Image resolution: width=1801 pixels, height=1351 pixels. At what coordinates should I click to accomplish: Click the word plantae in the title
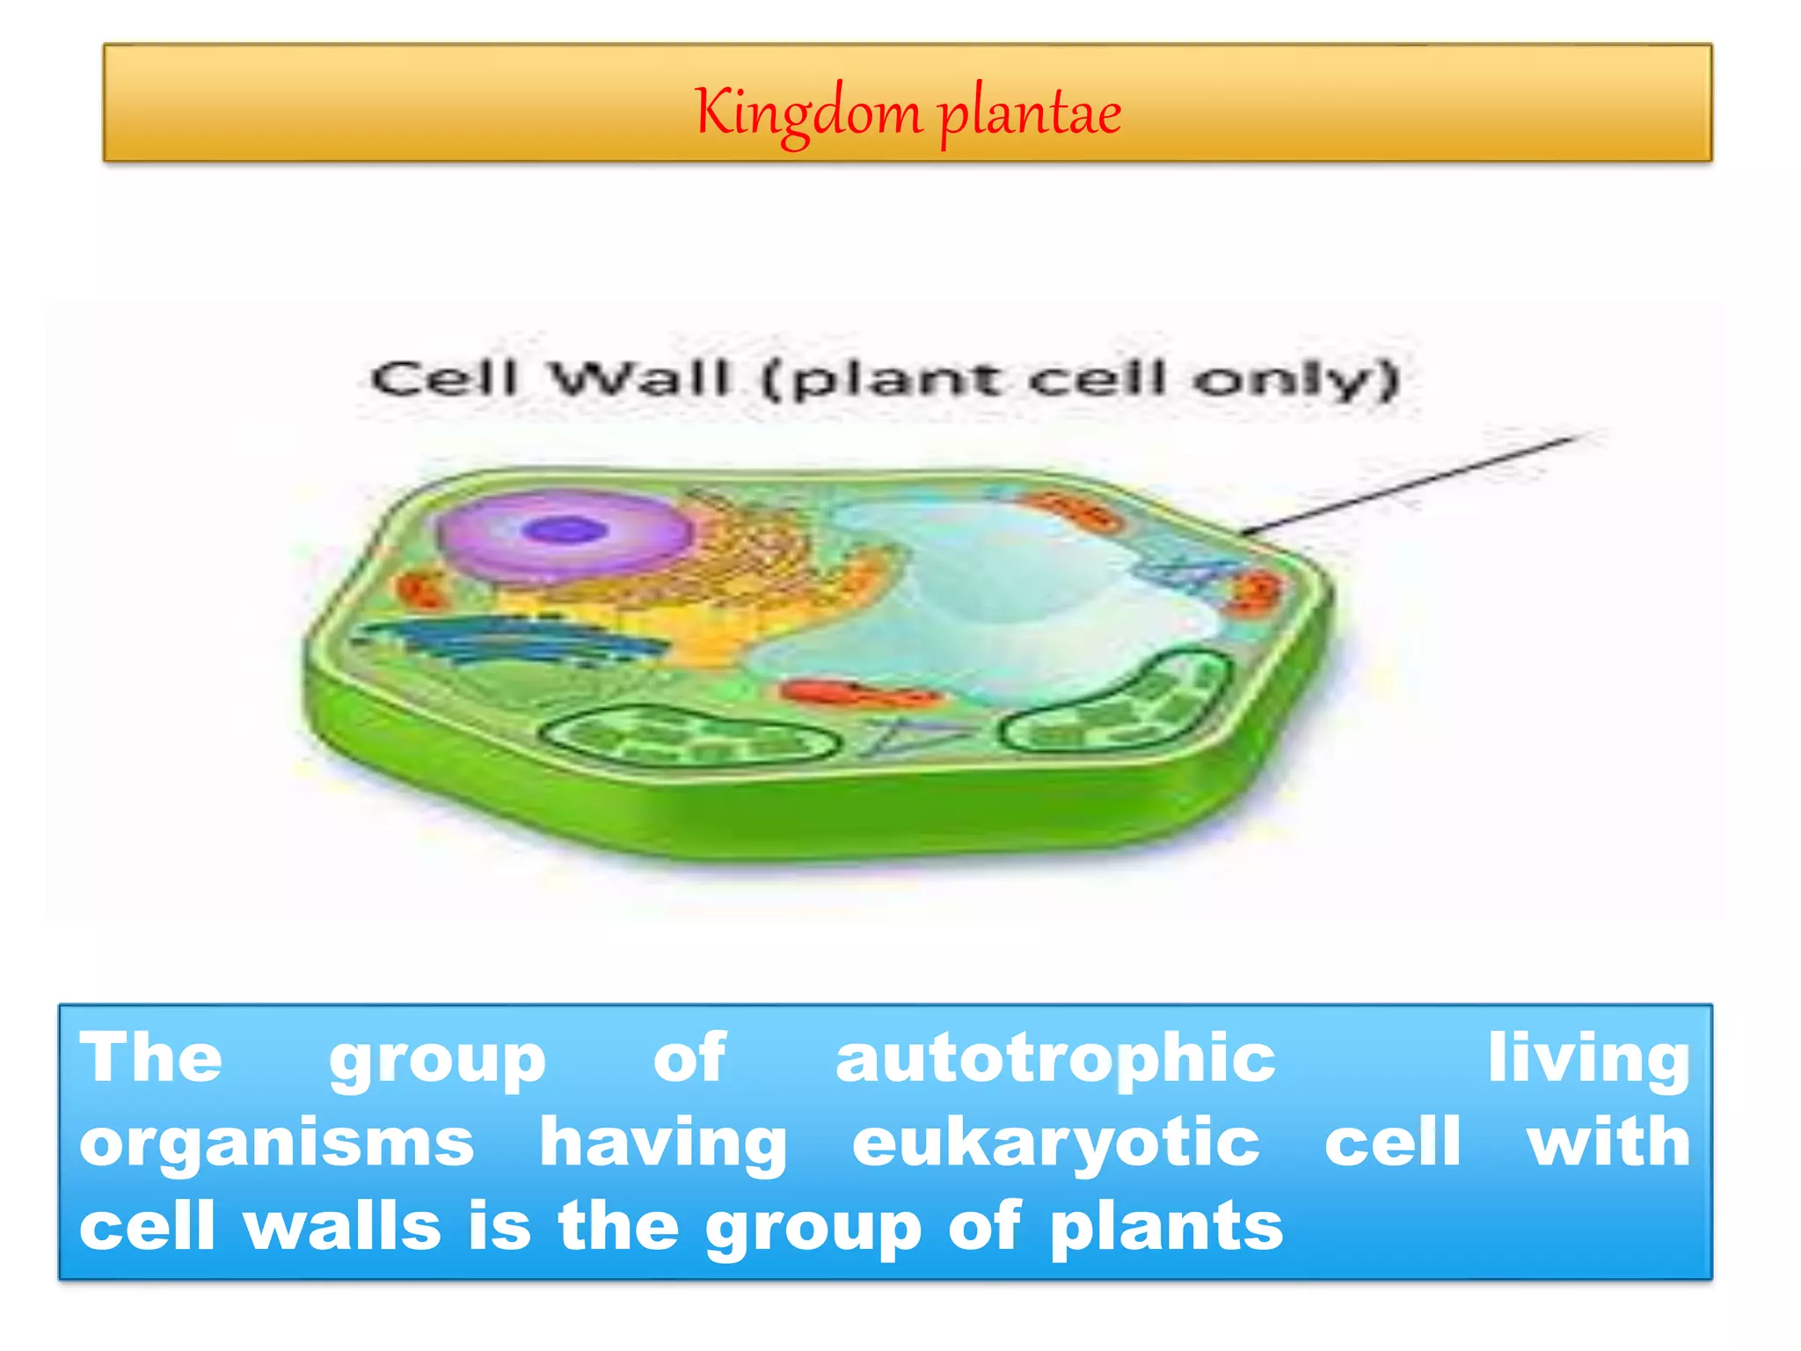[1030, 114]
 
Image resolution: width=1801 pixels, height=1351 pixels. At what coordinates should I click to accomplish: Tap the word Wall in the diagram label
[640, 379]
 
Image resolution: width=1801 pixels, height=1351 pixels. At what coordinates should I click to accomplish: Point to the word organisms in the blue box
[277, 1143]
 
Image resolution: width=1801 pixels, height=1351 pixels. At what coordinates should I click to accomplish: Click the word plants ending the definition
[1166, 1226]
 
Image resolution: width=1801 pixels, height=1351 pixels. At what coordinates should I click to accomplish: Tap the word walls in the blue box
[343, 1226]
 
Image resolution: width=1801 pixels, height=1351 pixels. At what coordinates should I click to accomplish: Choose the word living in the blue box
[1587, 1060]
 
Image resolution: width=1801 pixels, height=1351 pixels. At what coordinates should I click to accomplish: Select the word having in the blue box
[663, 1143]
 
